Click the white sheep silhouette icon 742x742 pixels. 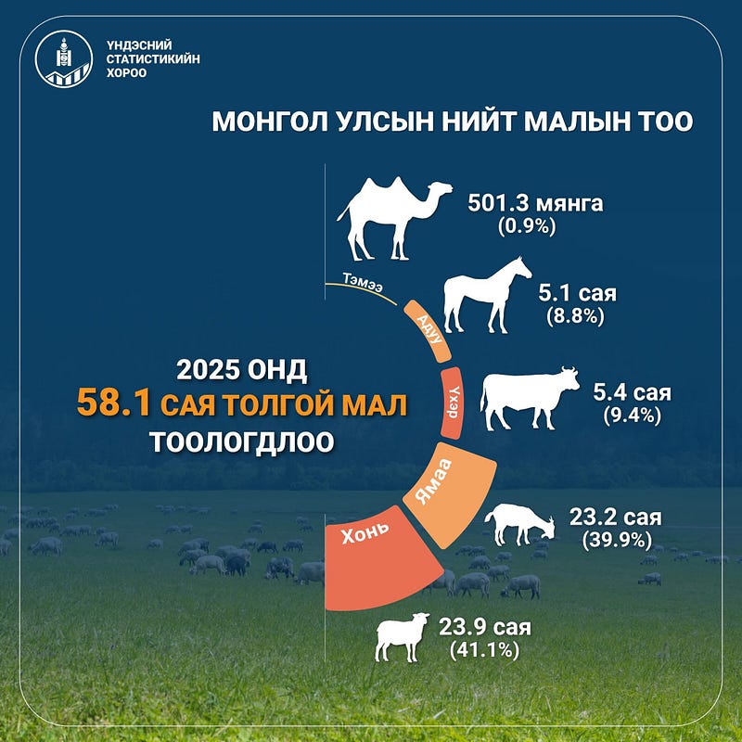402,636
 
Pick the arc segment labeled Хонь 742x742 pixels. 378,558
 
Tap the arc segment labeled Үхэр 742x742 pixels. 452,403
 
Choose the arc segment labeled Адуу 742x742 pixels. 429,331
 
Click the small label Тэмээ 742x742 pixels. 363,283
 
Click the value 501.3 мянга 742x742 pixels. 535,203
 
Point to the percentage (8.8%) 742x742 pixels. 575,316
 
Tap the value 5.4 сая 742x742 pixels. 632,392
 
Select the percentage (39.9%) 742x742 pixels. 617,541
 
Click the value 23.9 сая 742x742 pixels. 484,627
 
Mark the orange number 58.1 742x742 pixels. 113,403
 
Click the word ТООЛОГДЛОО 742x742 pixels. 242,442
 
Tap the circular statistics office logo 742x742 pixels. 64,59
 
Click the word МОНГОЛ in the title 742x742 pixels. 270,122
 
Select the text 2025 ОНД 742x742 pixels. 242,369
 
